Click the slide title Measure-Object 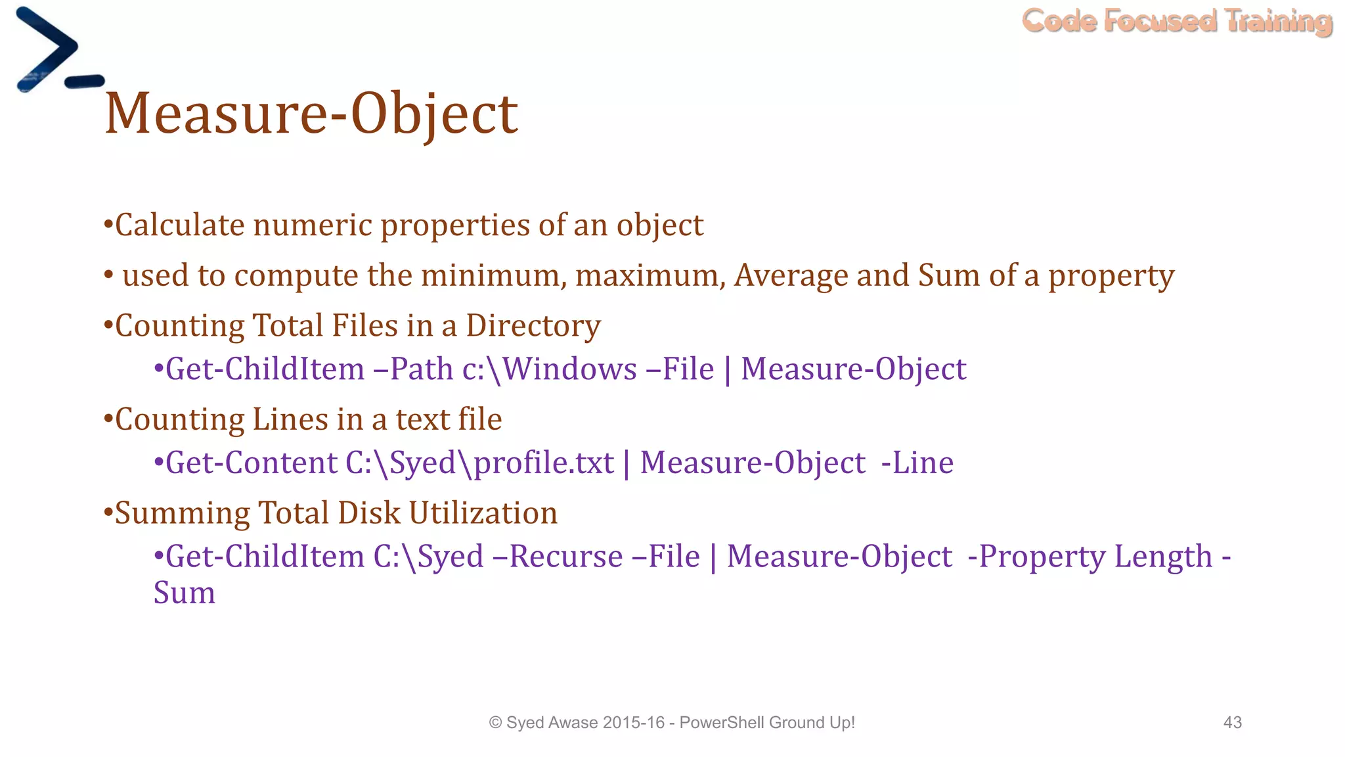[x=311, y=114]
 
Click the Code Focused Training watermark [x=1177, y=21]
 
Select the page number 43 [x=1233, y=722]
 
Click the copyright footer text [x=672, y=722]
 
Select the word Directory [x=533, y=326]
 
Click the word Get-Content [x=252, y=463]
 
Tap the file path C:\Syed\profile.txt [x=479, y=463]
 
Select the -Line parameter [x=917, y=463]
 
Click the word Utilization [x=483, y=513]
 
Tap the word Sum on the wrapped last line [x=185, y=593]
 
